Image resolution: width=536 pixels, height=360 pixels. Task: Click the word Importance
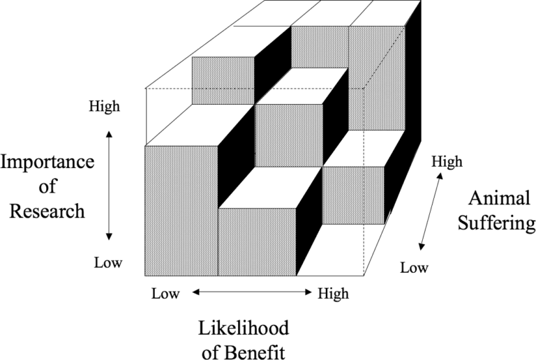click(x=47, y=163)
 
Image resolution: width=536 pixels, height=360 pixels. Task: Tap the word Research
click(x=47, y=211)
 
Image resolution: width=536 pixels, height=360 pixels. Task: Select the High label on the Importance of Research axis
click(x=105, y=106)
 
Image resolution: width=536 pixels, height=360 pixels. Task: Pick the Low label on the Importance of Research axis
click(x=108, y=262)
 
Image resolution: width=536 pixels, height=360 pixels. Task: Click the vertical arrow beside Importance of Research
click(x=109, y=186)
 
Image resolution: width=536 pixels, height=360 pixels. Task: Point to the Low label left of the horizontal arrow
click(x=165, y=294)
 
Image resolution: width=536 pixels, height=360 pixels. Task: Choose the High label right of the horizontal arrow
click(x=334, y=294)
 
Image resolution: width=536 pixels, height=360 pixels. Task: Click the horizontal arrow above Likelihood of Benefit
click(x=252, y=292)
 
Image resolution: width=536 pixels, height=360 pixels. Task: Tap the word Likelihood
click(x=244, y=328)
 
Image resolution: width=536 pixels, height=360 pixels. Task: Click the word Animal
click(x=499, y=198)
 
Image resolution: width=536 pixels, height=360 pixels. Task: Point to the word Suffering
click(x=497, y=224)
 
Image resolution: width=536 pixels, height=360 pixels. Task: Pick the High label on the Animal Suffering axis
click(x=447, y=162)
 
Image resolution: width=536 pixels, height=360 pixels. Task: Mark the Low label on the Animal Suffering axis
click(x=414, y=268)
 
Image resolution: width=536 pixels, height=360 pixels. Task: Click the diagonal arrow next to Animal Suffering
click(x=431, y=211)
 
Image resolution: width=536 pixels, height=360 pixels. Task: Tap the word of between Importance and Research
click(x=47, y=186)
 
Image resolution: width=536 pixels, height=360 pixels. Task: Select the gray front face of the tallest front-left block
click(x=181, y=211)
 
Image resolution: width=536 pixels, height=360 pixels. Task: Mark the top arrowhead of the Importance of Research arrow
click(x=109, y=133)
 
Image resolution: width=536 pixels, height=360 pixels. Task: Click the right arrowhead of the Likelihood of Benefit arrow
click(x=308, y=292)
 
